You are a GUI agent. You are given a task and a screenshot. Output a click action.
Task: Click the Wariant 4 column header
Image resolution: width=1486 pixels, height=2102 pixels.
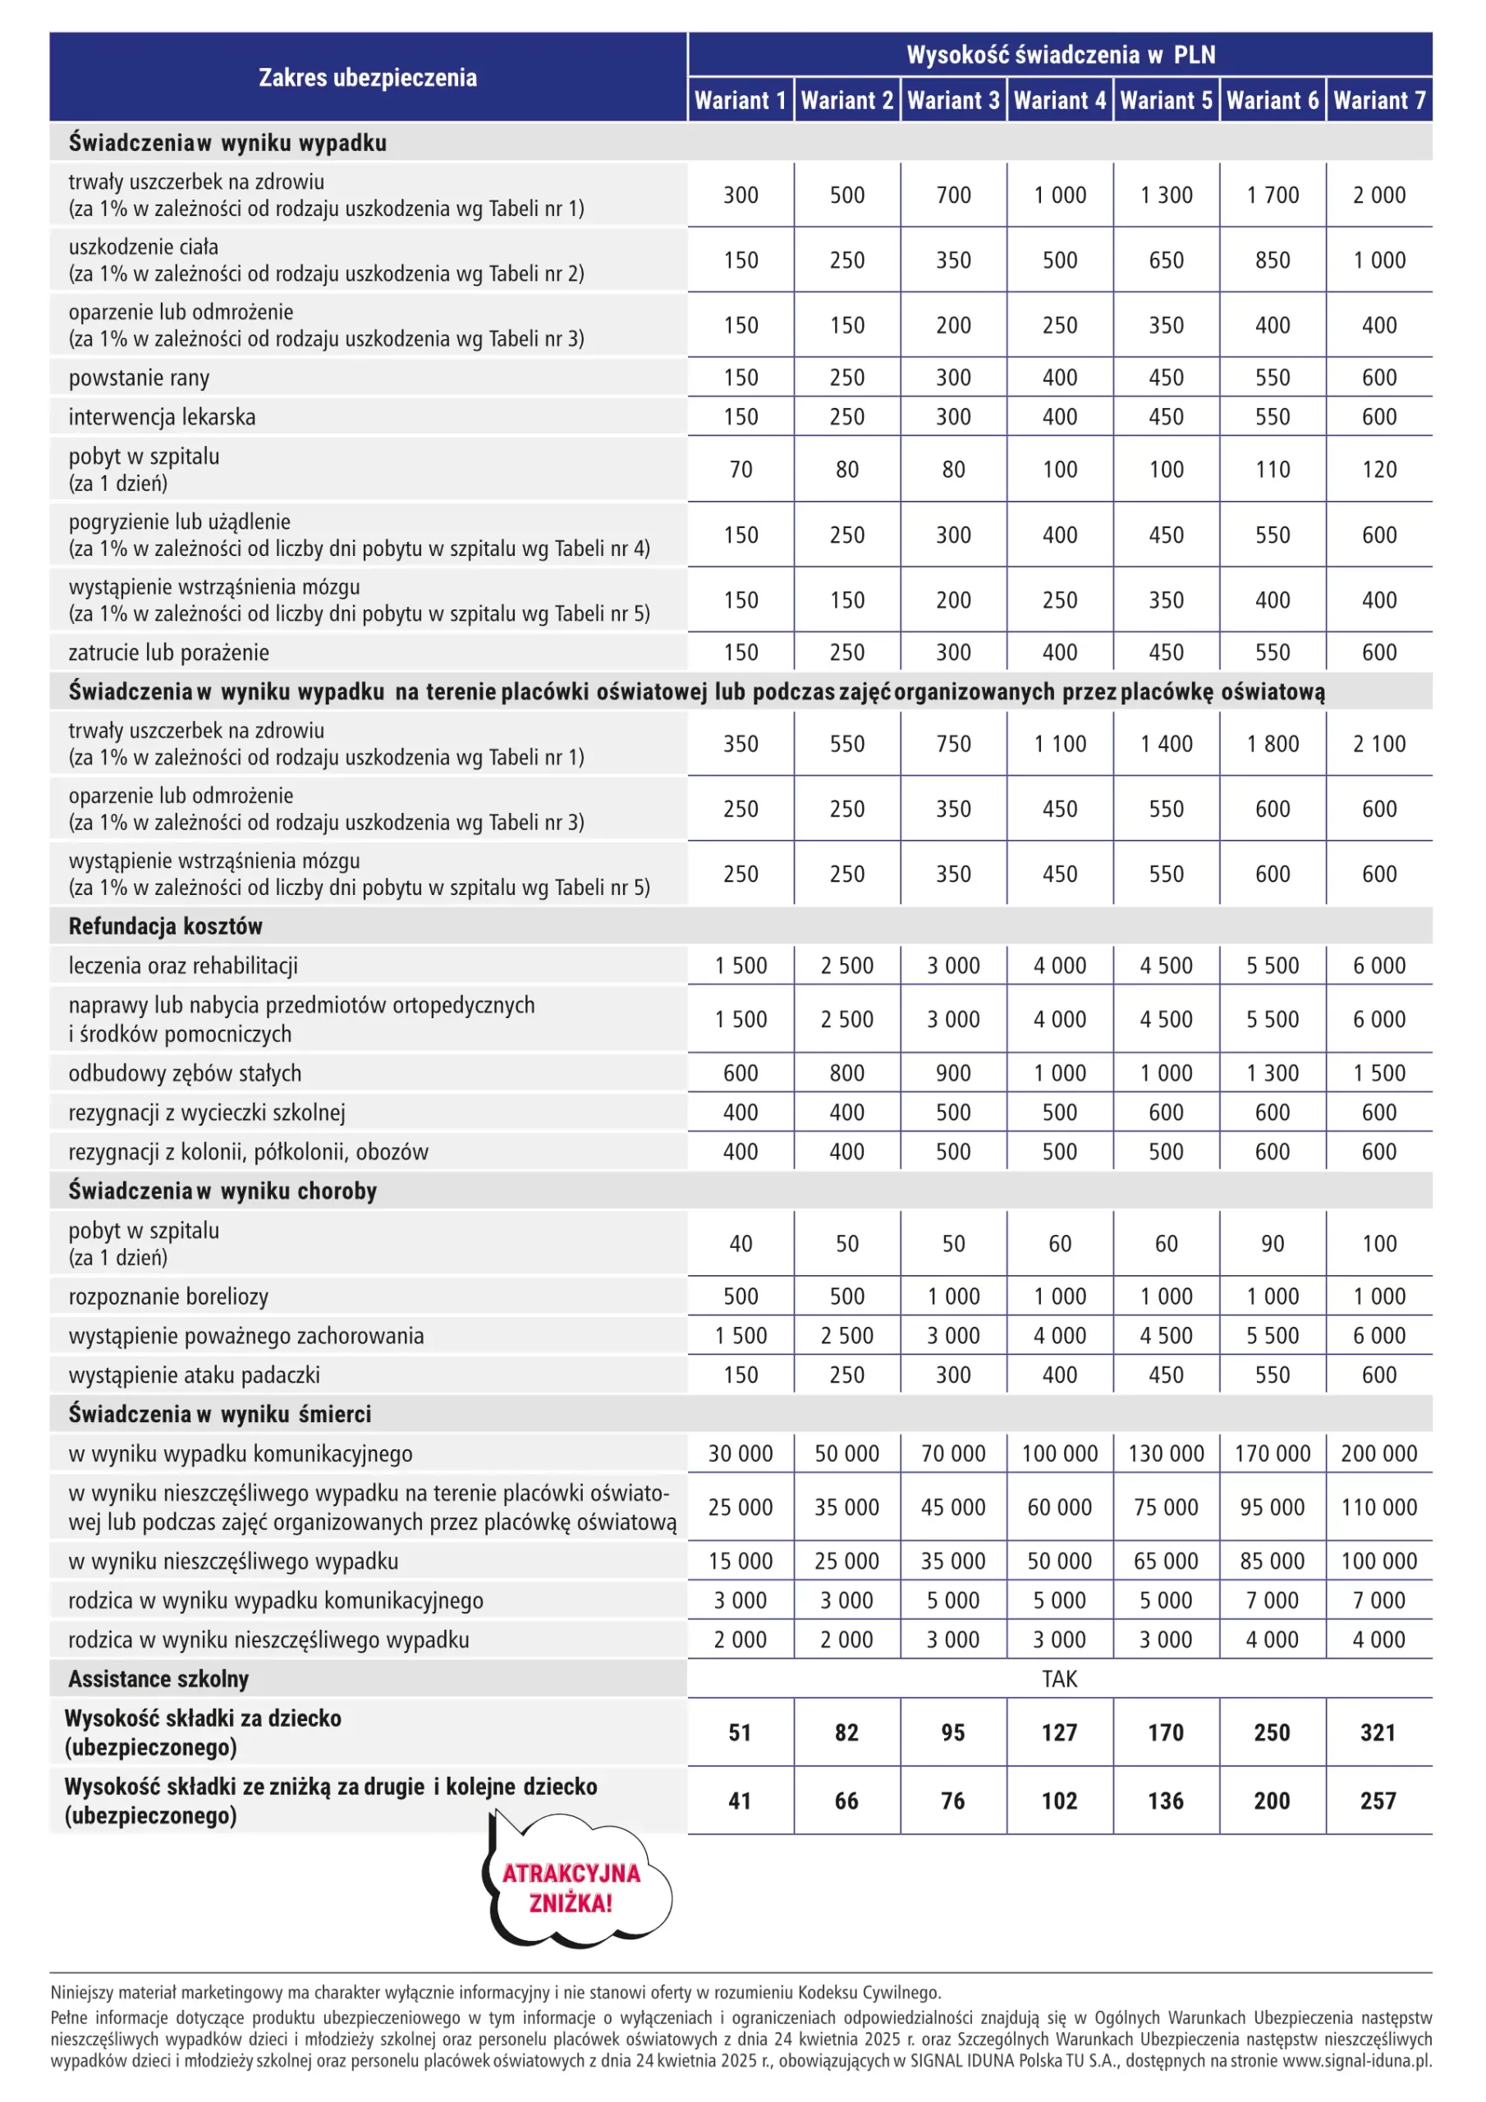click(x=1059, y=100)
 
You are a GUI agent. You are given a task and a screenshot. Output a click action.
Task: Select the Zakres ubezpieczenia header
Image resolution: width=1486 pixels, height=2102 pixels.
click(x=367, y=77)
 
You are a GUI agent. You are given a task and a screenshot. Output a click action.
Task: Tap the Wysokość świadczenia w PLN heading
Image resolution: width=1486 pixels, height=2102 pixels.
click(x=1059, y=54)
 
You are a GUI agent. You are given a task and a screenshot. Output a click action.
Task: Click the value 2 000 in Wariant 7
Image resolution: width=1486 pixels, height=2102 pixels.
click(x=1379, y=195)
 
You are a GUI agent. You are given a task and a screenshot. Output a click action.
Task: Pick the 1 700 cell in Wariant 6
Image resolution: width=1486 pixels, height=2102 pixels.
click(x=1272, y=195)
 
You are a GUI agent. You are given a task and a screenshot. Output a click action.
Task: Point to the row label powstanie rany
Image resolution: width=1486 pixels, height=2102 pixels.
click(x=140, y=377)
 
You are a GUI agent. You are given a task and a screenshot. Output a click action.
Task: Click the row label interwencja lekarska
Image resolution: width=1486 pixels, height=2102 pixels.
click(x=162, y=416)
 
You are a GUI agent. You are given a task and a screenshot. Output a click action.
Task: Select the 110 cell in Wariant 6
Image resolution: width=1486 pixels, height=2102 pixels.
click(x=1272, y=470)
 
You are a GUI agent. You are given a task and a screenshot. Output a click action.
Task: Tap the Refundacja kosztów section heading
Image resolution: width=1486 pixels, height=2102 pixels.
click(x=165, y=925)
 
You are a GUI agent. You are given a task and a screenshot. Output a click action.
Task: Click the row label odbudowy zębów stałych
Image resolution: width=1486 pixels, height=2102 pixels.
click(x=185, y=1073)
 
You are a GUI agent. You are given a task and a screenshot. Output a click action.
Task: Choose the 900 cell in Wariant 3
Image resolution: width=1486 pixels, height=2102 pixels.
click(x=953, y=1073)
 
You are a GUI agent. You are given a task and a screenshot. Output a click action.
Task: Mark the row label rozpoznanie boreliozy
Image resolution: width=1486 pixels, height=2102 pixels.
click(x=168, y=1297)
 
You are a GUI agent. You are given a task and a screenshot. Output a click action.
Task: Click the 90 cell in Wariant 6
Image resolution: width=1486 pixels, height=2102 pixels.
click(x=1272, y=1243)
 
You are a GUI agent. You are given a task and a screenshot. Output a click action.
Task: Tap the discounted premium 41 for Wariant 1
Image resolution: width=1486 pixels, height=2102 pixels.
click(x=740, y=1801)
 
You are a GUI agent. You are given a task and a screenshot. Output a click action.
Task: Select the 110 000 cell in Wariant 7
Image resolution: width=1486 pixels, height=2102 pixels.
click(x=1379, y=1507)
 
